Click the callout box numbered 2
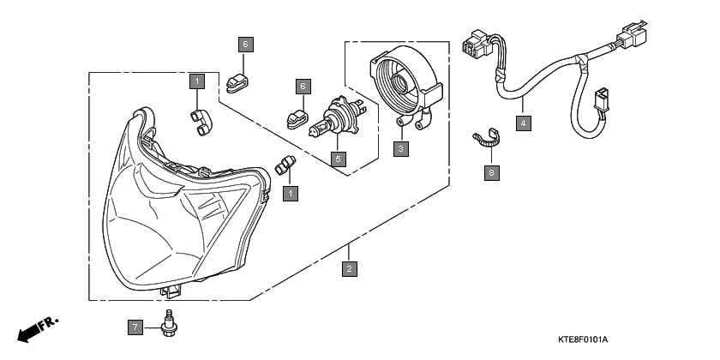(x=349, y=268)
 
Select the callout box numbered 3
(x=401, y=149)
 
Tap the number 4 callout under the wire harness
(x=524, y=123)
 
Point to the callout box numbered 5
(x=339, y=159)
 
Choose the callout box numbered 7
(x=135, y=327)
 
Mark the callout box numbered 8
(x=492, y=172)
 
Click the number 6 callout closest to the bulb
(x=303, y=87)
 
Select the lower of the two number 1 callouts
(x=291, y=194)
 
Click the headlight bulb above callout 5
(x=338, y=117)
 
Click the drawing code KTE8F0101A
(x=583, y=339)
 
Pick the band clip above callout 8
(x=486, y=138)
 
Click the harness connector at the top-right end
(x=633, y=34)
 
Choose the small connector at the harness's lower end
(x=600, y=99)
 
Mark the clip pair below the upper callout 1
(x=201, y=123)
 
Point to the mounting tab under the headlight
(x=171, y=291)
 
